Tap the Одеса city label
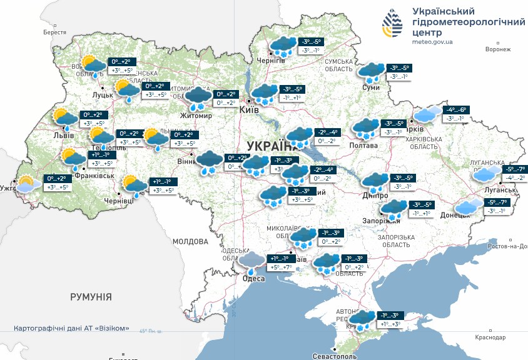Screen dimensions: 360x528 coord(253,279)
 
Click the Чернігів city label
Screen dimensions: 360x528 coord(271,61)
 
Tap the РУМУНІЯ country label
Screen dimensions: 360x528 coord(91,296)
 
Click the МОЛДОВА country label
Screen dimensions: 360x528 coord(190,241)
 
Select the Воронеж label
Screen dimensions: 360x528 coord(497,49)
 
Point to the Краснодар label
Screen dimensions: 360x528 coord(490,337)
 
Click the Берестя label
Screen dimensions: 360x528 coord(55,32)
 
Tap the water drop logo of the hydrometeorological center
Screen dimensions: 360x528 coord(392,24)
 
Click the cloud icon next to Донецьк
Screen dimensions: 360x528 coord(469,206)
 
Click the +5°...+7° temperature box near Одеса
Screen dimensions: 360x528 coord(280,267)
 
